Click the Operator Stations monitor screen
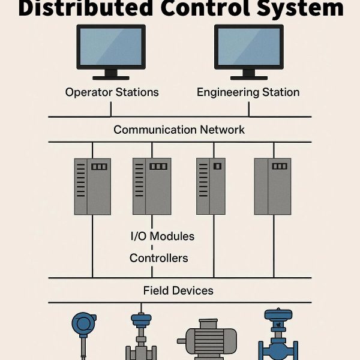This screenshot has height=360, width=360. pos(111,47)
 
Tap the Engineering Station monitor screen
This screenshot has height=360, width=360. pos(249,47)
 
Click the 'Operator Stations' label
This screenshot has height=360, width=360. pos(112,92)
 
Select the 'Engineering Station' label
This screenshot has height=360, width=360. pos(248,92)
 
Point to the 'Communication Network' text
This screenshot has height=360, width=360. pos(179,130)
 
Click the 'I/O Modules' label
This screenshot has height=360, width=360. pos(163,236)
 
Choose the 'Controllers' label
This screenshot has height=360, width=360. pos(159,258)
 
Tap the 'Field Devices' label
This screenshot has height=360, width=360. pos(178,290)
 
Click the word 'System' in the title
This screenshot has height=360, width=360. pos(300,9)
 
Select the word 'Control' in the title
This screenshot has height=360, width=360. pos(205,8)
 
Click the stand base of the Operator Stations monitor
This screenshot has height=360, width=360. pos(111,78)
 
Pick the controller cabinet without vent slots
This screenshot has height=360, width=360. pos(273,187)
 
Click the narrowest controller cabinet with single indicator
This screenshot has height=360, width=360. pos(211,186)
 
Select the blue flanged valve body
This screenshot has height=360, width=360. pos(278,349)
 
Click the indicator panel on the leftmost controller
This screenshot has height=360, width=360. pos(99,166)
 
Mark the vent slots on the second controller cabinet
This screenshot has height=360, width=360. pos(139,180)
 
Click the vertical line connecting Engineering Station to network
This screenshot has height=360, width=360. pos(249,110)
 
